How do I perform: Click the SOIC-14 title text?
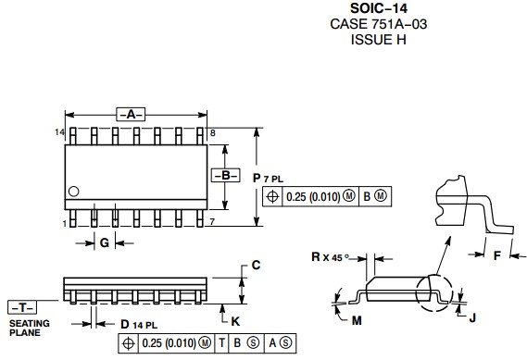pos(379,8)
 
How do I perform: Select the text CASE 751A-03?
pos(379,24)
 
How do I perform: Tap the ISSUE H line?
pos(379,40)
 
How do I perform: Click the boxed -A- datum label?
pos(131,115)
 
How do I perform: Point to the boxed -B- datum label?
pos(225,175)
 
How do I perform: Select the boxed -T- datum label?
pos(22,307)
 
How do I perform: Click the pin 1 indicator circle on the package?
pos(73,192)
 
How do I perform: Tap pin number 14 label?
pos(59,132)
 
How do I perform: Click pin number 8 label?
pos(212,133)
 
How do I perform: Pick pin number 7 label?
pos(212,221)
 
